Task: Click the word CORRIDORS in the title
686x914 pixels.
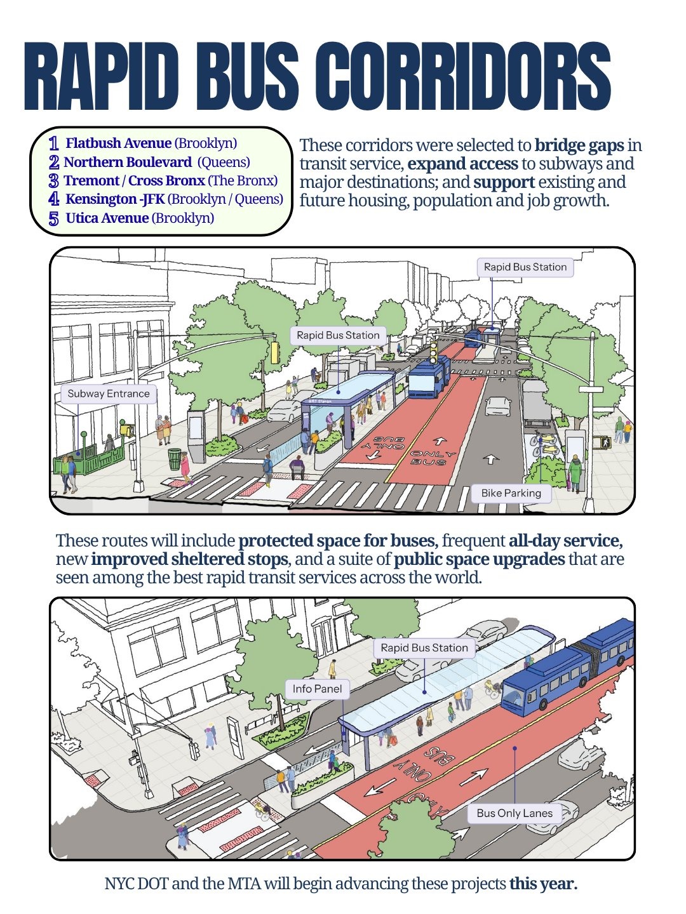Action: click(463, 76)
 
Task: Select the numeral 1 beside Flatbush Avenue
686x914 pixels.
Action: click(53, 143)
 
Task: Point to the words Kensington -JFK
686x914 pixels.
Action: click(115, 199)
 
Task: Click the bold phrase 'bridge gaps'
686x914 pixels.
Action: click(579, 145)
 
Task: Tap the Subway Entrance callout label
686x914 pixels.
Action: click(108, 394)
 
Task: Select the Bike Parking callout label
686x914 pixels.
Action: click(511, 493)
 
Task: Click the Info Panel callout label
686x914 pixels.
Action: click(317, 689)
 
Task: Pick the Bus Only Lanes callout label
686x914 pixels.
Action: click(514, 813)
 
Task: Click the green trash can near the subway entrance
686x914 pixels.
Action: click(175, 458)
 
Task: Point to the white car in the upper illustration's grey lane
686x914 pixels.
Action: click(498, 406)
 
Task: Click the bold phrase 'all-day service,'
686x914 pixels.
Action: click(565, 541)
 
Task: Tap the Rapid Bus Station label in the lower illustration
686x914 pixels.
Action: click(424, 648)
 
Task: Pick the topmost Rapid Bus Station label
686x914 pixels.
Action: click(525, 267)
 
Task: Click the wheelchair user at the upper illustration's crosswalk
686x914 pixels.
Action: click(297, 467)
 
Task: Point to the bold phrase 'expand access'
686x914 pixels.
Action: click(463, 164)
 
